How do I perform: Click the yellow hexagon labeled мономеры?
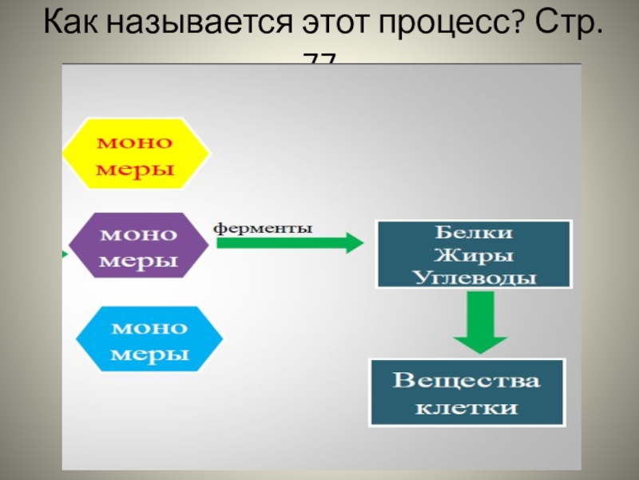[136, 155]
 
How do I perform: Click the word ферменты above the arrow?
[263, 227]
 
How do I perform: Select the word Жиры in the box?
[474, 256]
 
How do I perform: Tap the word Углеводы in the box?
[474, 277]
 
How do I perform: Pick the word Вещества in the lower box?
[466, 380]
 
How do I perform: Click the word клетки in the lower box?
[466, 407]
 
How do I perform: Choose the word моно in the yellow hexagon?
[135, 142]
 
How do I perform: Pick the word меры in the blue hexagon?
[149, 354]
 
